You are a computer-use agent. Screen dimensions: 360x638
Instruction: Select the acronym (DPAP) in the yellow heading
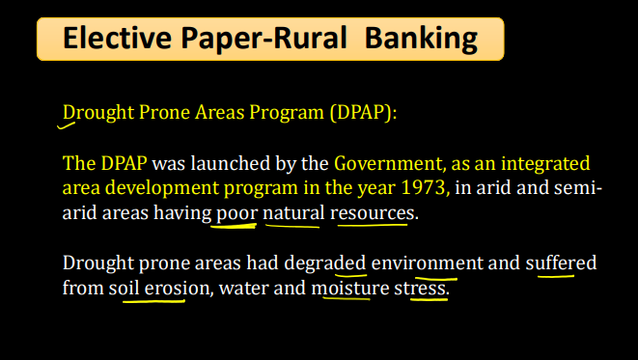point(362,112)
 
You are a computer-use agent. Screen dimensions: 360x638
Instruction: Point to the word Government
point(387,163)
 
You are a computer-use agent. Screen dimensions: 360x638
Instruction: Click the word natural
point(293,210)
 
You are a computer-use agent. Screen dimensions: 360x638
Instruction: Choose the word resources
point(373,210)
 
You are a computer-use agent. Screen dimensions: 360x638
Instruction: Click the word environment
point(427,263)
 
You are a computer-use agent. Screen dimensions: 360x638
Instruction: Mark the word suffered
point(561,263)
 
